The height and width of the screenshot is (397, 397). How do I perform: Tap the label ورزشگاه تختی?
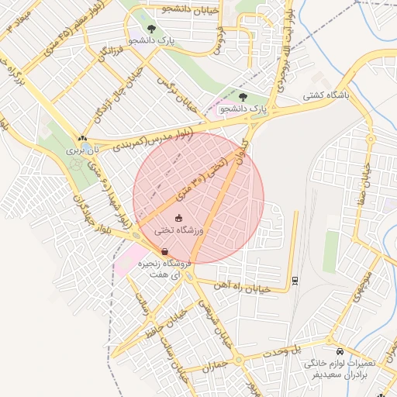[x=179, y=230]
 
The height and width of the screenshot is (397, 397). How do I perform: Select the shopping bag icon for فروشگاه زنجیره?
[x=165, y=251]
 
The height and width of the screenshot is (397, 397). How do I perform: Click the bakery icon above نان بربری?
[x=82, y=138]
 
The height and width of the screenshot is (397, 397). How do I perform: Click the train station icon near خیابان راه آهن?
[x=295, y=280]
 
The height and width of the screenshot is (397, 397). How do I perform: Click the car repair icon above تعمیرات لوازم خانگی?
[x=332, y=350]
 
